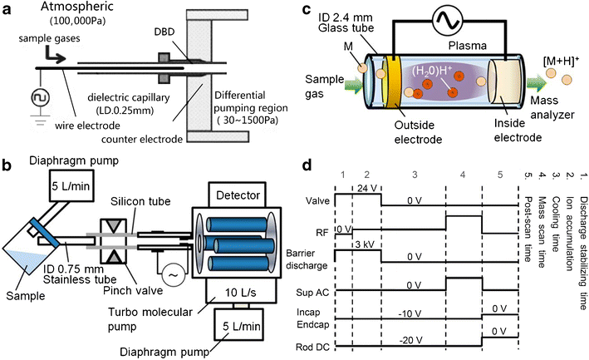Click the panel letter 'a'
(x=8, y=10)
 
